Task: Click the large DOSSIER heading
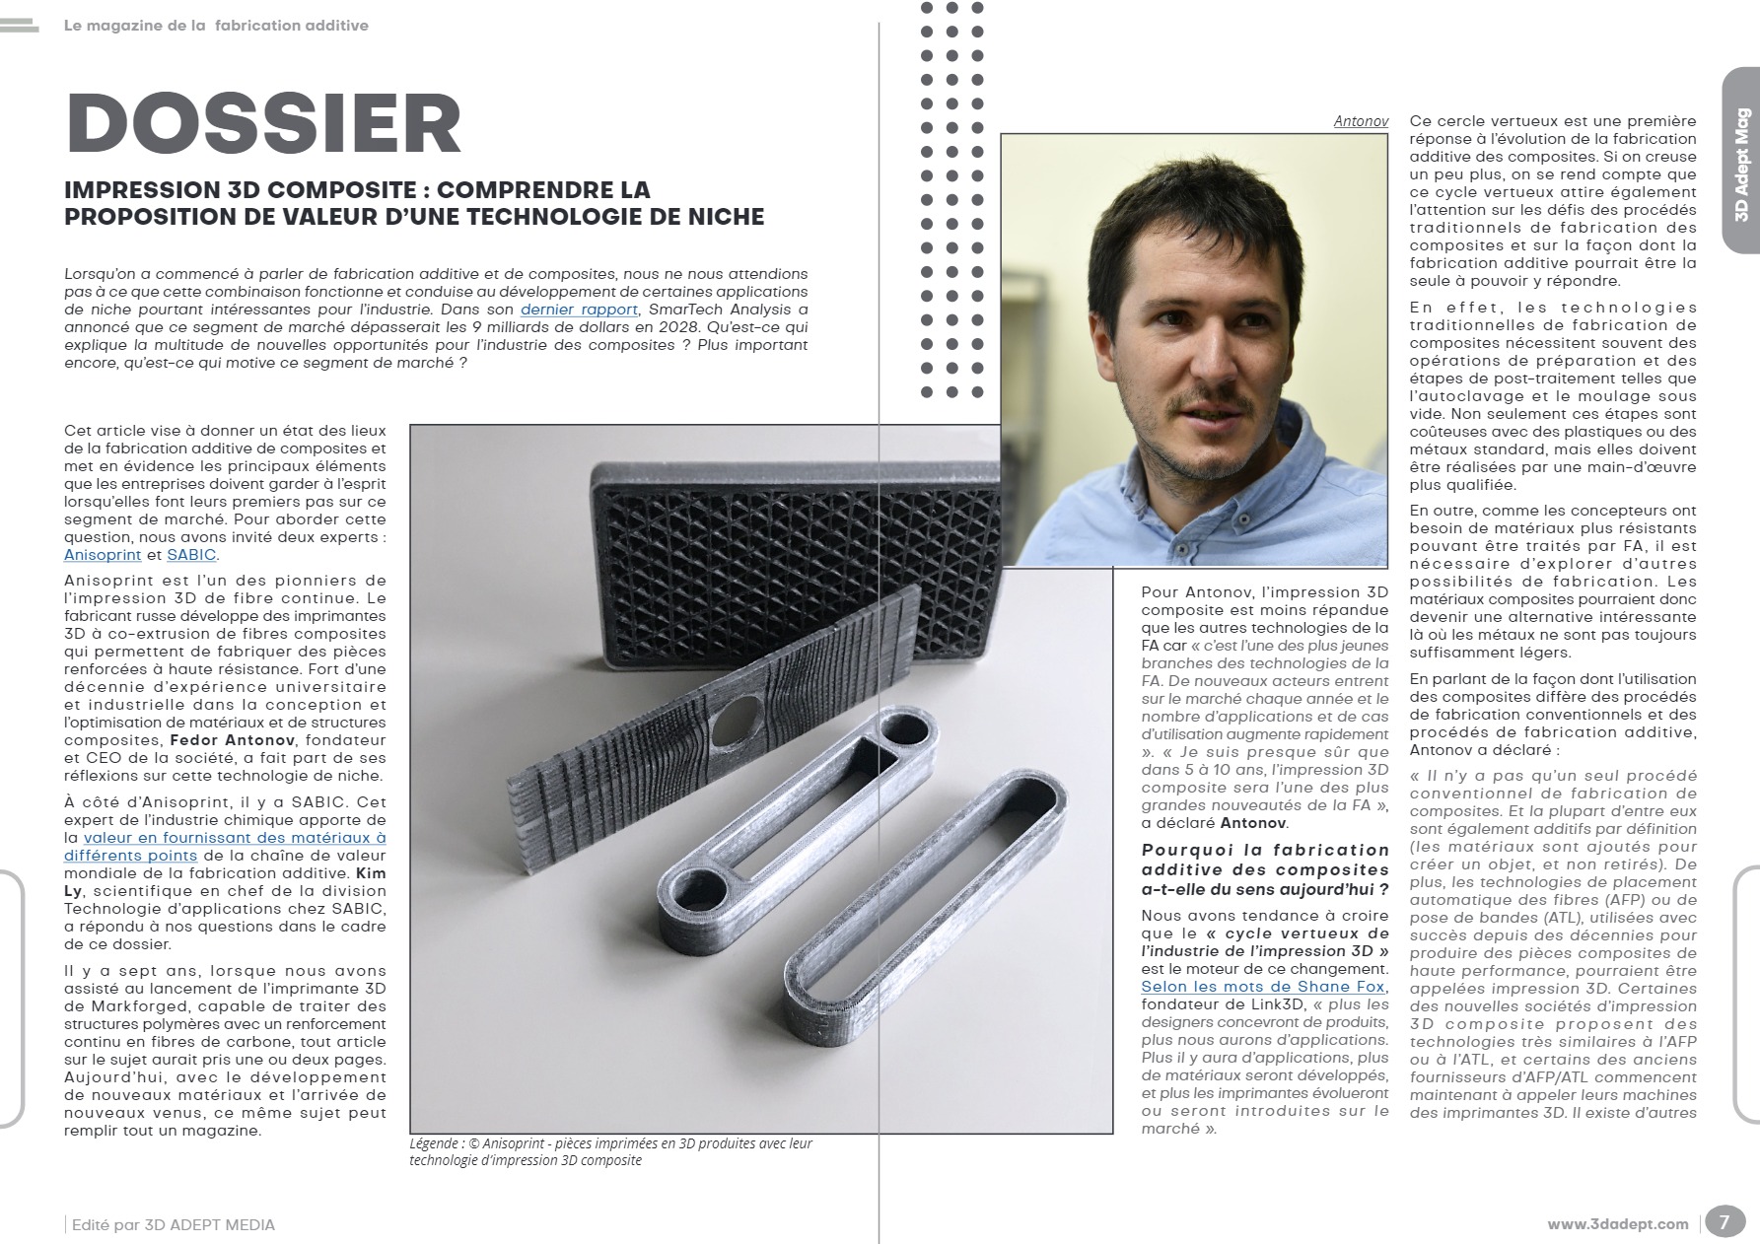(263, 125)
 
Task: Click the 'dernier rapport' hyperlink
(579, 310)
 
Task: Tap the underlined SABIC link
(191, 555)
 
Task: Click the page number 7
(1724, 1222)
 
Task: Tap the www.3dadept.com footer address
(1617, 1224)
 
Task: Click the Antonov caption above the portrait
(1361, 121)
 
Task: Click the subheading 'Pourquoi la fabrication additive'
(1265, 868)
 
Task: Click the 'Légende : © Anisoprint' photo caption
(610, 1151)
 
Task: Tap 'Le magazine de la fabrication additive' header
(216, 26)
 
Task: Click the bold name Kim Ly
(371, 873)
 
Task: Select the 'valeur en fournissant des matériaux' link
(234, 847)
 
